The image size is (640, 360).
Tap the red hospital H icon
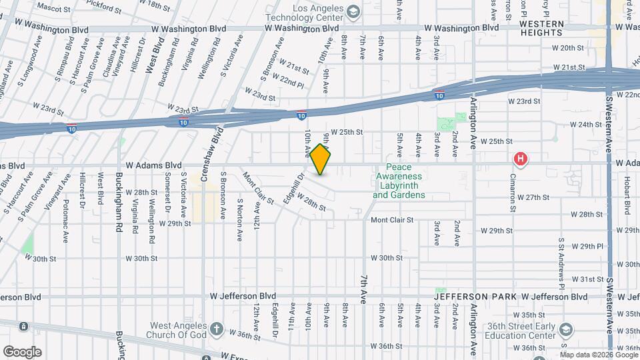[x=520, y=159]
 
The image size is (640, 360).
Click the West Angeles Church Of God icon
[x=216, y=329]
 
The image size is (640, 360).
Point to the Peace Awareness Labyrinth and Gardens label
[x=399, y=182]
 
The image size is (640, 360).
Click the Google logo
[x=22, y=351]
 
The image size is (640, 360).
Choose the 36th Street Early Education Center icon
[x=565, y=330]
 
